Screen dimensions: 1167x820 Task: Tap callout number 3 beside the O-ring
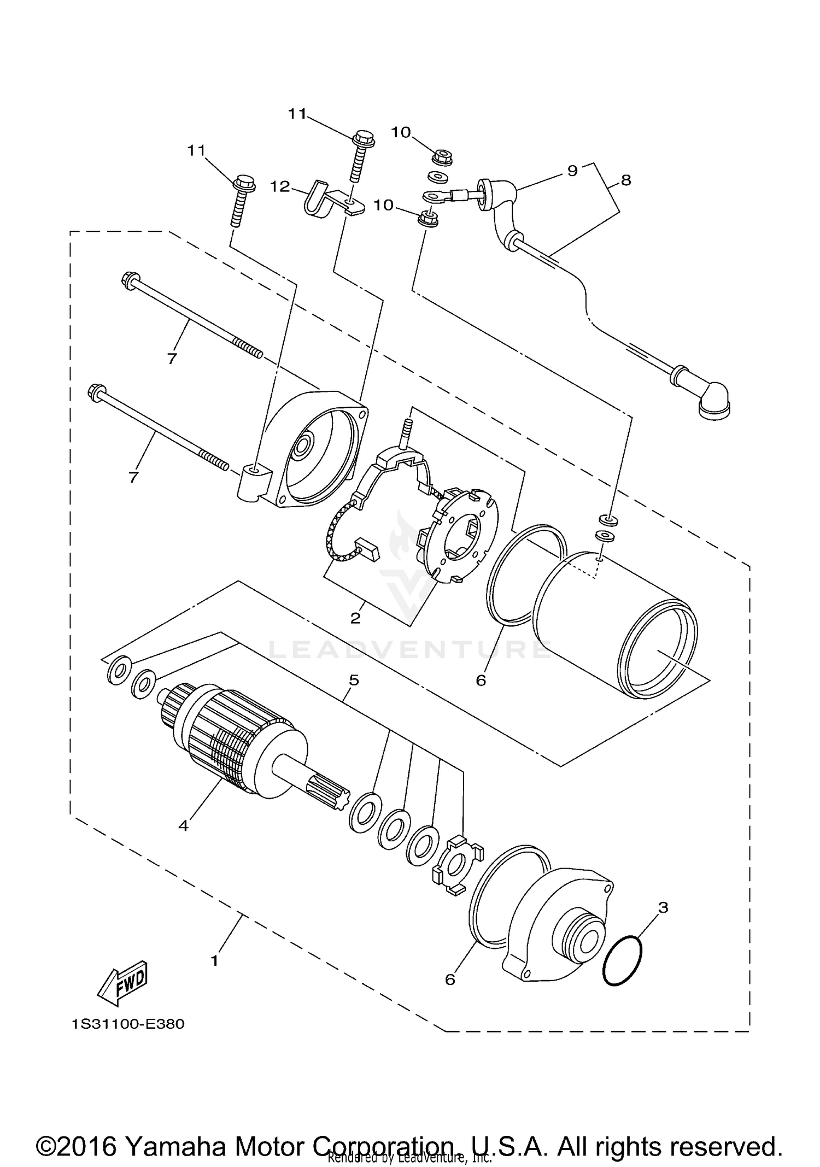663,907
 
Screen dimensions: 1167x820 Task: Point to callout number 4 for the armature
183,825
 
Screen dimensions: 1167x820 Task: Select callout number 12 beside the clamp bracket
280,186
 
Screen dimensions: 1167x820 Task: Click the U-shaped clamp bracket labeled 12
317,201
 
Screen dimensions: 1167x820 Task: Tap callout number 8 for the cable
626,179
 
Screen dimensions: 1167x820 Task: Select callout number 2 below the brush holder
355,618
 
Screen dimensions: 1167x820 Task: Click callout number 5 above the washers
354,680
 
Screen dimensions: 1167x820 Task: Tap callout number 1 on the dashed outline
214,960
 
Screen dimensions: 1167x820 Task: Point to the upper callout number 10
401,132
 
